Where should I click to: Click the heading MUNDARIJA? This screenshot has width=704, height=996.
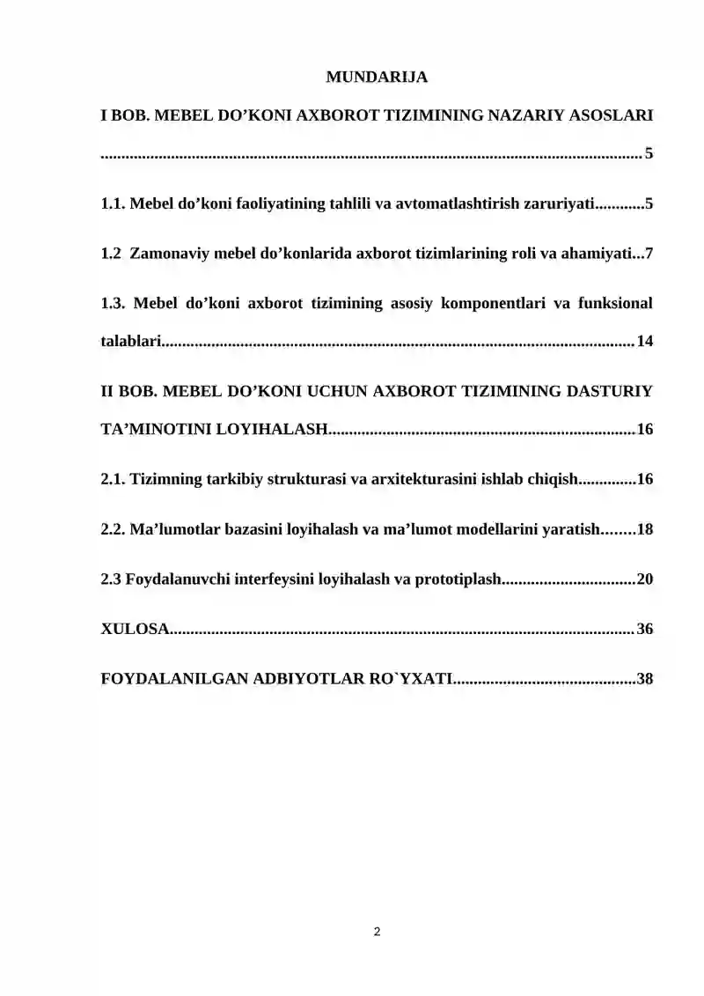point(377,77)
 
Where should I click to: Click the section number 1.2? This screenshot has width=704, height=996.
point(111,255)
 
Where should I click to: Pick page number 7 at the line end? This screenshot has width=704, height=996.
point(649,255)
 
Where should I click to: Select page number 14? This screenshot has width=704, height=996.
point(644,342)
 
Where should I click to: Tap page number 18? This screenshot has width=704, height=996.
point(644,529)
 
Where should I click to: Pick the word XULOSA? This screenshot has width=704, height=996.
point(134,629)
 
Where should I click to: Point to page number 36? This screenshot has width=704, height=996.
point(644,629)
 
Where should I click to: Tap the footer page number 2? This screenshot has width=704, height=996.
point(377,931)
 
